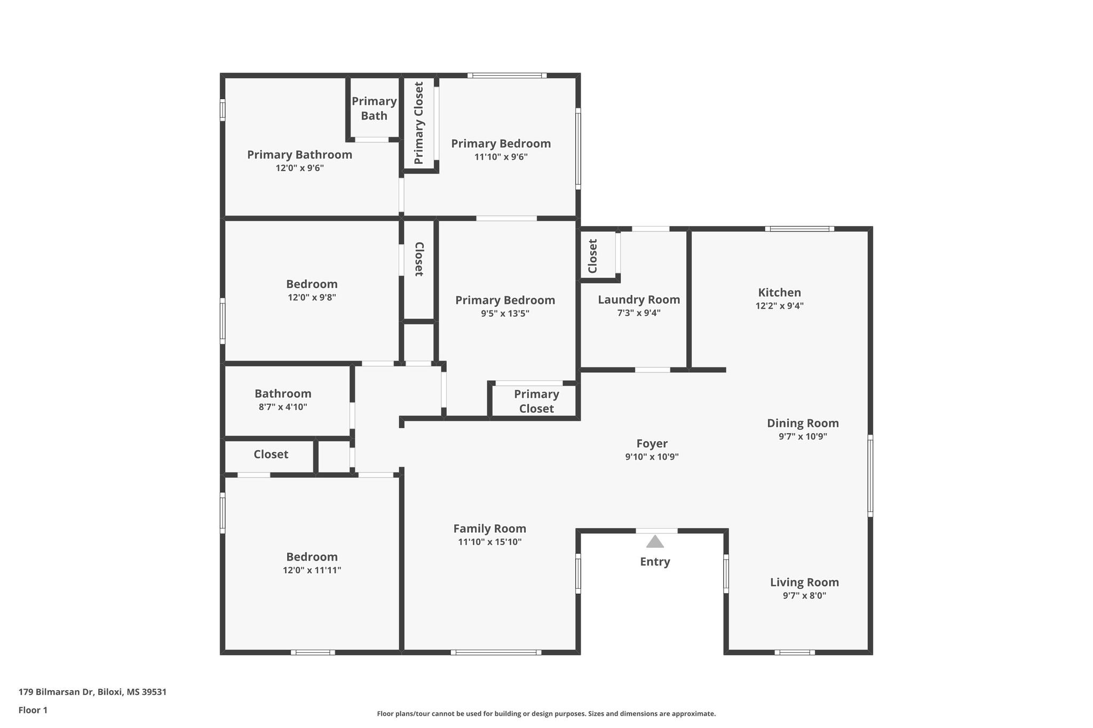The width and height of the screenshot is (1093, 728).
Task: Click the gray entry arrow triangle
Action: [655, 542]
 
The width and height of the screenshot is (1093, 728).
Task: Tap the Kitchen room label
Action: [780, 292]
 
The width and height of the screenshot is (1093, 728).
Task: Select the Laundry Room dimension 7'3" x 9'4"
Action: [639, 313]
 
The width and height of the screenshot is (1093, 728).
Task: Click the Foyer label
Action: [652, 444]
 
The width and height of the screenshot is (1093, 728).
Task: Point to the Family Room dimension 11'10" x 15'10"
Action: [490, 542]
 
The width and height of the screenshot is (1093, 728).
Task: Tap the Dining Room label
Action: [803, 423]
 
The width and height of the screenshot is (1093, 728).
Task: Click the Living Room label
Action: [804, 582]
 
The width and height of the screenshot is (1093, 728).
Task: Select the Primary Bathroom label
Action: [299, 155]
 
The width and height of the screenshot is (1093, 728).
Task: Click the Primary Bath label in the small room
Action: [374, 108]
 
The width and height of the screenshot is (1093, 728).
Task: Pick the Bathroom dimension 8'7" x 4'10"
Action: [283, 407]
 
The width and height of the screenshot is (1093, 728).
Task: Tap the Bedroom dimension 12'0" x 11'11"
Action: [312, 570]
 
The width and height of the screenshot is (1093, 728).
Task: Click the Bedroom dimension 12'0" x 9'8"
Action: [312, 297]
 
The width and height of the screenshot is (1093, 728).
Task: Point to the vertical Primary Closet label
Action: [419, 123]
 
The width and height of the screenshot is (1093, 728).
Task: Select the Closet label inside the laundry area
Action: [592, 256]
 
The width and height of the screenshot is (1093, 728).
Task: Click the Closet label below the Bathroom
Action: [271, 454]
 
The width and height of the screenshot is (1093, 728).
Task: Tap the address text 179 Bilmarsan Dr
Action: [56, 692]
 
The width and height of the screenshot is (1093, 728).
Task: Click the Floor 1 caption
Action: [33, 710]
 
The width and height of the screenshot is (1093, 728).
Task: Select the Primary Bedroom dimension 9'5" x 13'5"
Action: [505, 313]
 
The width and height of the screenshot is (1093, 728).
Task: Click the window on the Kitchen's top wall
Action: [799, 229]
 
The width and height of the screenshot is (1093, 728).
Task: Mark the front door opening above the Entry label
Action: [656, 531]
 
